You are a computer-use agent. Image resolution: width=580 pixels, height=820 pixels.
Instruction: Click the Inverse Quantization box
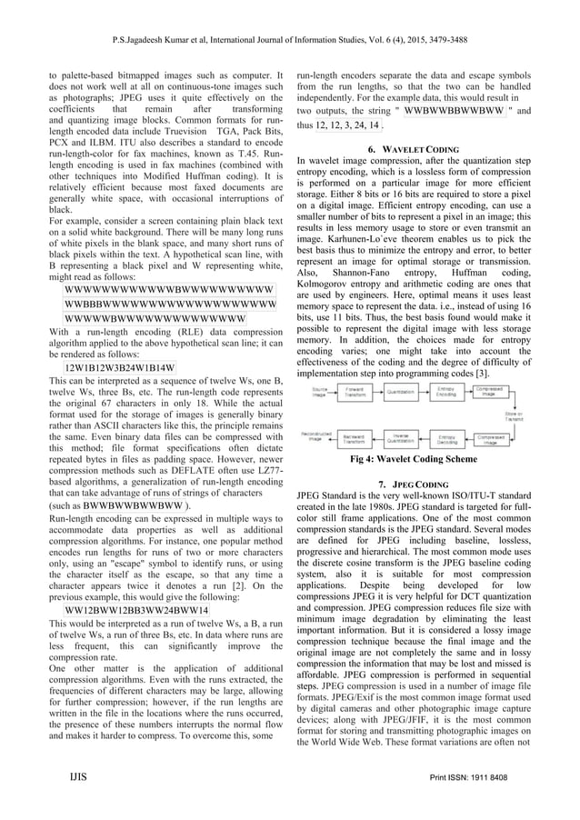tap(401, 437)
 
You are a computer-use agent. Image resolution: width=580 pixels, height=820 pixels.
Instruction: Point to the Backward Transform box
tap(356, 437)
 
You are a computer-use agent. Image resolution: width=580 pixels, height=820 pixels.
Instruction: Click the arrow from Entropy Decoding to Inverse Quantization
tap(425, 437)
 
